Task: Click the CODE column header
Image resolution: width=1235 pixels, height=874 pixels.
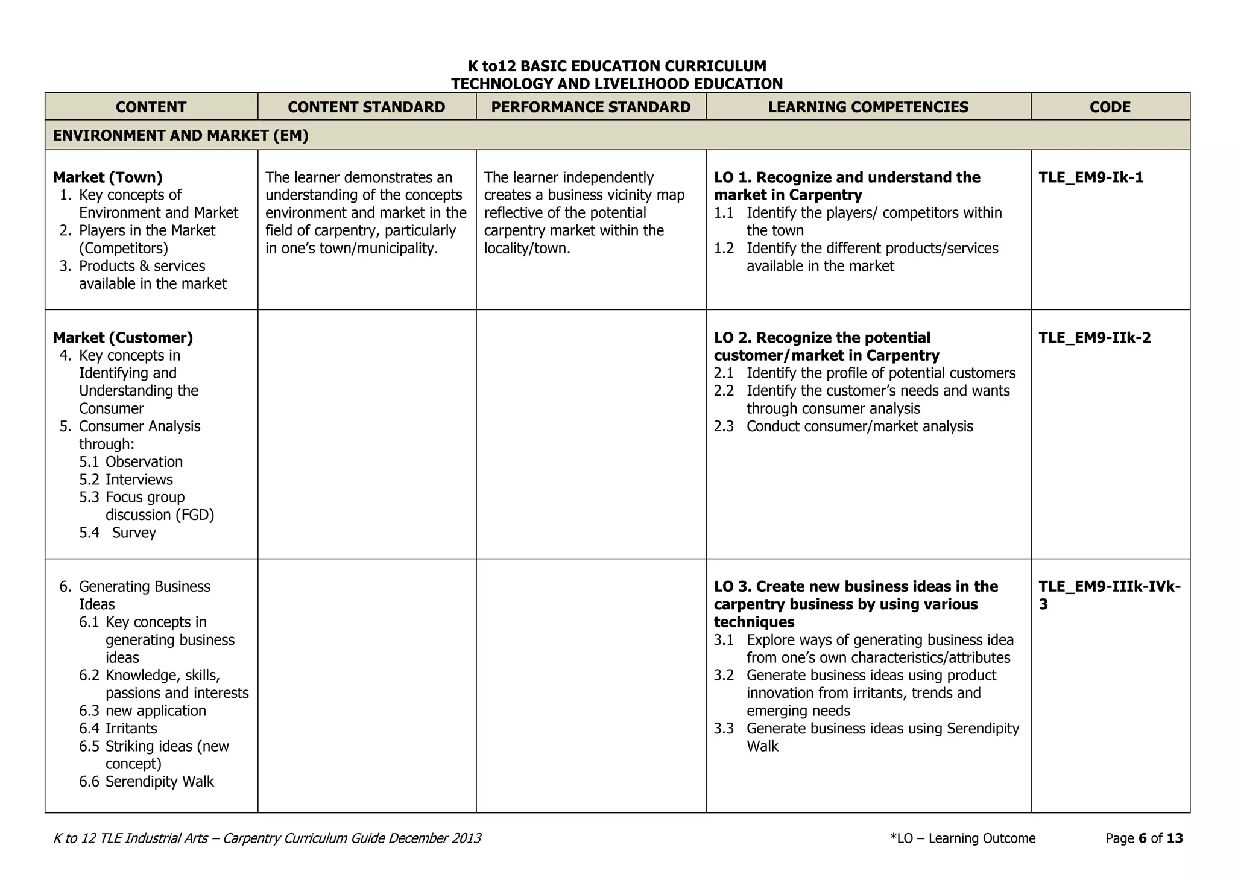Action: coord(1110,107)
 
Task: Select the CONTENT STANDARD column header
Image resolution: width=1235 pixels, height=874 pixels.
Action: coord(366,107)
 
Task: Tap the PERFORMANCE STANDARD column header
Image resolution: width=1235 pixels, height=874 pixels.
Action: coord(590,107)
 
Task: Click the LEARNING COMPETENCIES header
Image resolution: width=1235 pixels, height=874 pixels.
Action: coord(868,107)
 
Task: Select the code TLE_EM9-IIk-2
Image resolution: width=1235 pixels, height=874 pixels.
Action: coord(1094,338)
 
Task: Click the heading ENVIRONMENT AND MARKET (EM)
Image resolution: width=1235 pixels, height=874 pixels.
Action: coord(180,135)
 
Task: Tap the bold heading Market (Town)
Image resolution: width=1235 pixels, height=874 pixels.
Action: coord(107,177)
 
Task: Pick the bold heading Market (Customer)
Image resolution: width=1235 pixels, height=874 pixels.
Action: coord(122,338)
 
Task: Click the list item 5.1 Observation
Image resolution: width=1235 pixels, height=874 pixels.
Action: coord(131,462)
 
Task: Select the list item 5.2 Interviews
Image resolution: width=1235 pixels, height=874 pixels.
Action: coord(126,480)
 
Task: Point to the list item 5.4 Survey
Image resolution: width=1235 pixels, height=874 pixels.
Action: coord(118,533)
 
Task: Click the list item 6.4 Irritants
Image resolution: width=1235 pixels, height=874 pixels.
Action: coord(118,729)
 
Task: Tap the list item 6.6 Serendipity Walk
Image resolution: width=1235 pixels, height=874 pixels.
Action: coord(147,782)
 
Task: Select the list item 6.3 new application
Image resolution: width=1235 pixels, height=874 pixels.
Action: coord(142,711)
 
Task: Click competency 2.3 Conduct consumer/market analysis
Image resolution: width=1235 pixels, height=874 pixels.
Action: coord(844,426)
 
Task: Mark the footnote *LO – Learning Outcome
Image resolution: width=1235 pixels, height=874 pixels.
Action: coord(962,838)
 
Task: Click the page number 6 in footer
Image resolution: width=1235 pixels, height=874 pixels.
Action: coord(1142,838)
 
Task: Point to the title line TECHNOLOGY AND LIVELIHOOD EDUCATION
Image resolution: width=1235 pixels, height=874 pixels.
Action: coord(617,84)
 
